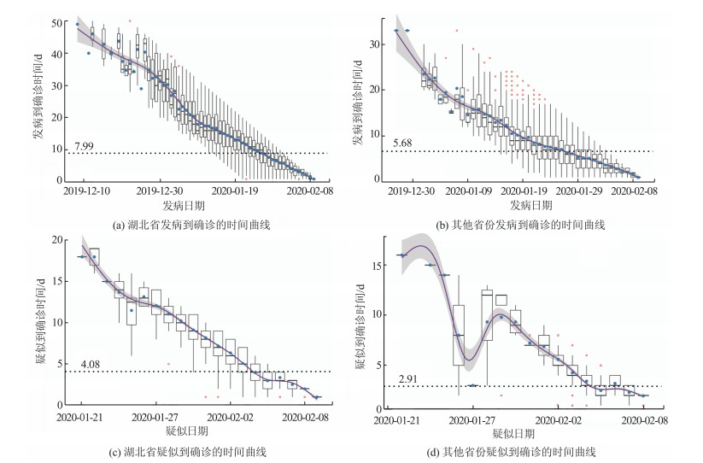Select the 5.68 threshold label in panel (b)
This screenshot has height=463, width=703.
[x=404, y=143]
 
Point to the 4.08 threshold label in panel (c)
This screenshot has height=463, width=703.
[x=91, y=365]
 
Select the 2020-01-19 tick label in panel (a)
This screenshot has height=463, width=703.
[x=233, y=193]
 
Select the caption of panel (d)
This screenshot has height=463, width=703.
[x=521, y=451]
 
